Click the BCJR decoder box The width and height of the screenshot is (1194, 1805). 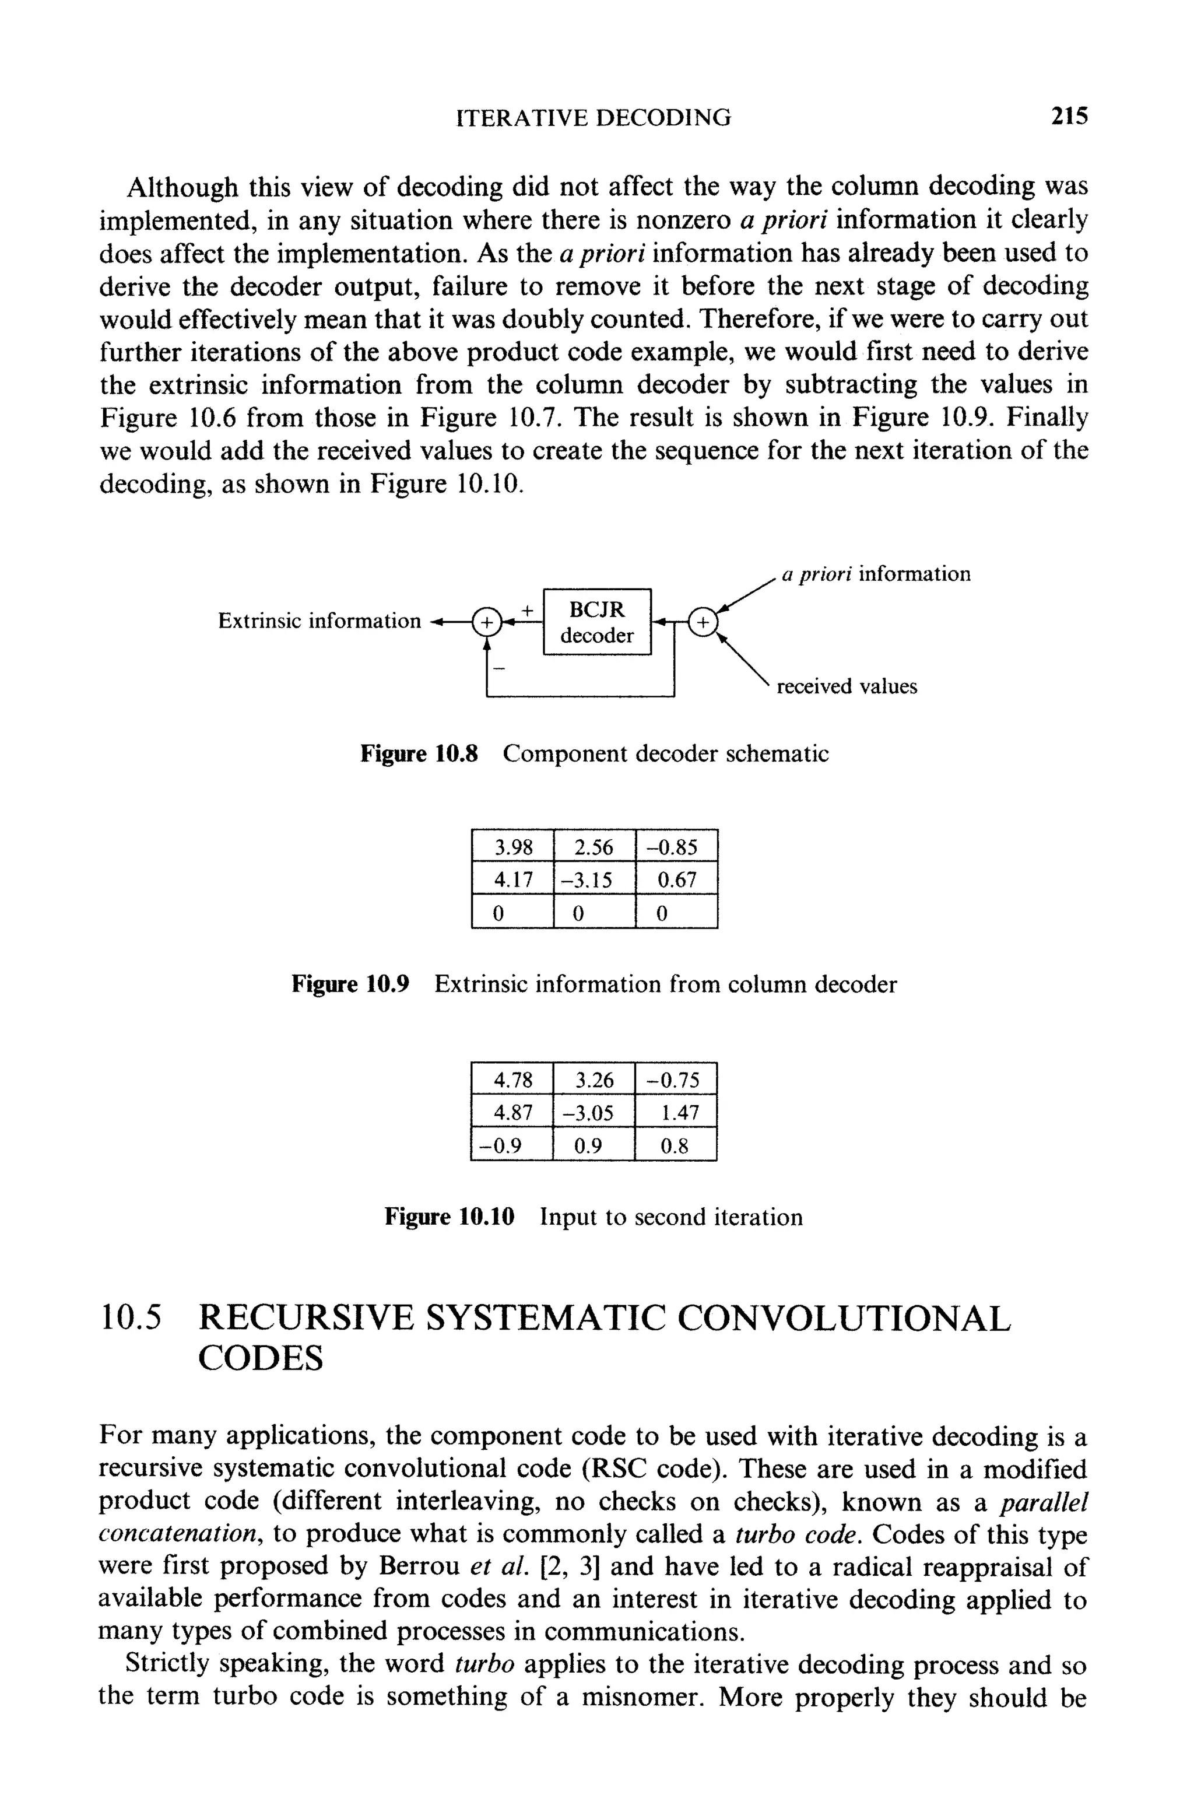click(x=597, y=622)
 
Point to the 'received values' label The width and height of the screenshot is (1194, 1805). click(x=846, y=686)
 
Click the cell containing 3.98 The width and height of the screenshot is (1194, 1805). click(x=512, y=847)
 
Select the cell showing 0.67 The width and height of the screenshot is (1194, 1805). click(x=676, y=879)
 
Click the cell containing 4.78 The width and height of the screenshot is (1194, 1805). click(x=512, y=1079)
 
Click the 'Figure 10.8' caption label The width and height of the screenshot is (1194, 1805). click(x=419, y=754)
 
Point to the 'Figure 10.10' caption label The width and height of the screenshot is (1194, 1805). click(x=449, y=1217)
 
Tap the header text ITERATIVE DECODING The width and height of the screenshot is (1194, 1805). click(x=593, y=117)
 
